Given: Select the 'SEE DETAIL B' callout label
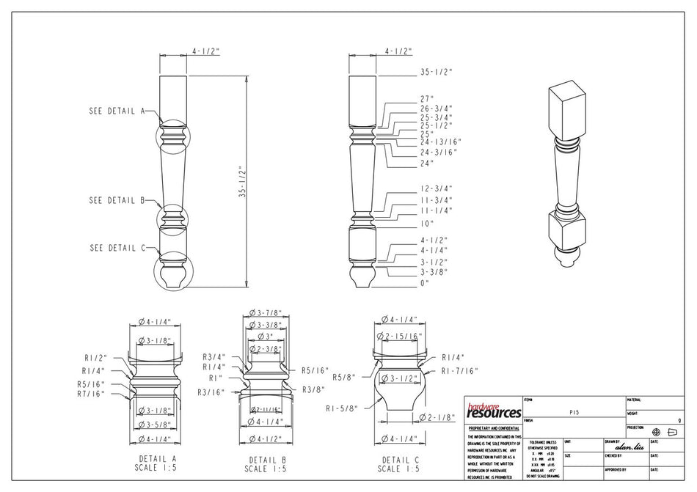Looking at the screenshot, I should [x=116, y=200].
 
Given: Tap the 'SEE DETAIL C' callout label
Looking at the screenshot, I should [x=116, y=248].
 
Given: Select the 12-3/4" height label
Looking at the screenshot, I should [x=437, y=188].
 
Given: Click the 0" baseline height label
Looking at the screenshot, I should [x=424, y=282].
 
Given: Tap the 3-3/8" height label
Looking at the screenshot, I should [x=434, y=272].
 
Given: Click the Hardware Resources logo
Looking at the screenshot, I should [x=494, y=411].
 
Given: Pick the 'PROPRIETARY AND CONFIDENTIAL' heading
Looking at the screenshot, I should [x=494, y=427].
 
